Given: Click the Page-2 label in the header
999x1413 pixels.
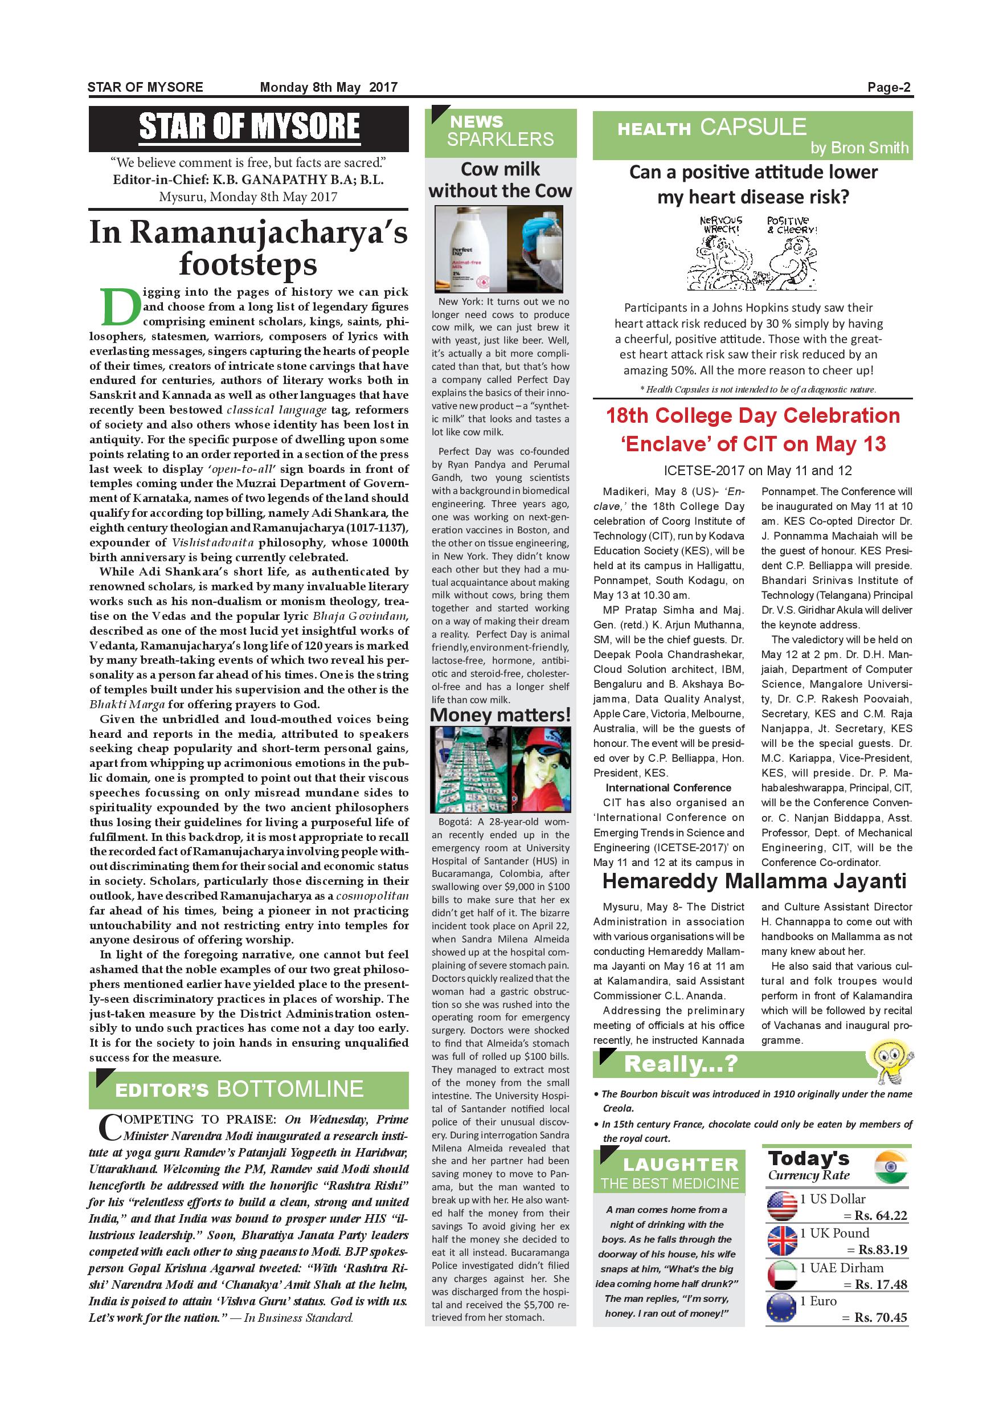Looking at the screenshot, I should (x=889, y=87).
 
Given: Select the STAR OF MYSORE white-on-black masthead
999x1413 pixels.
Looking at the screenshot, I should (x=248, y=128).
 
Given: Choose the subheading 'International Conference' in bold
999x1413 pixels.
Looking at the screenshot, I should (x=668, y=788).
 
